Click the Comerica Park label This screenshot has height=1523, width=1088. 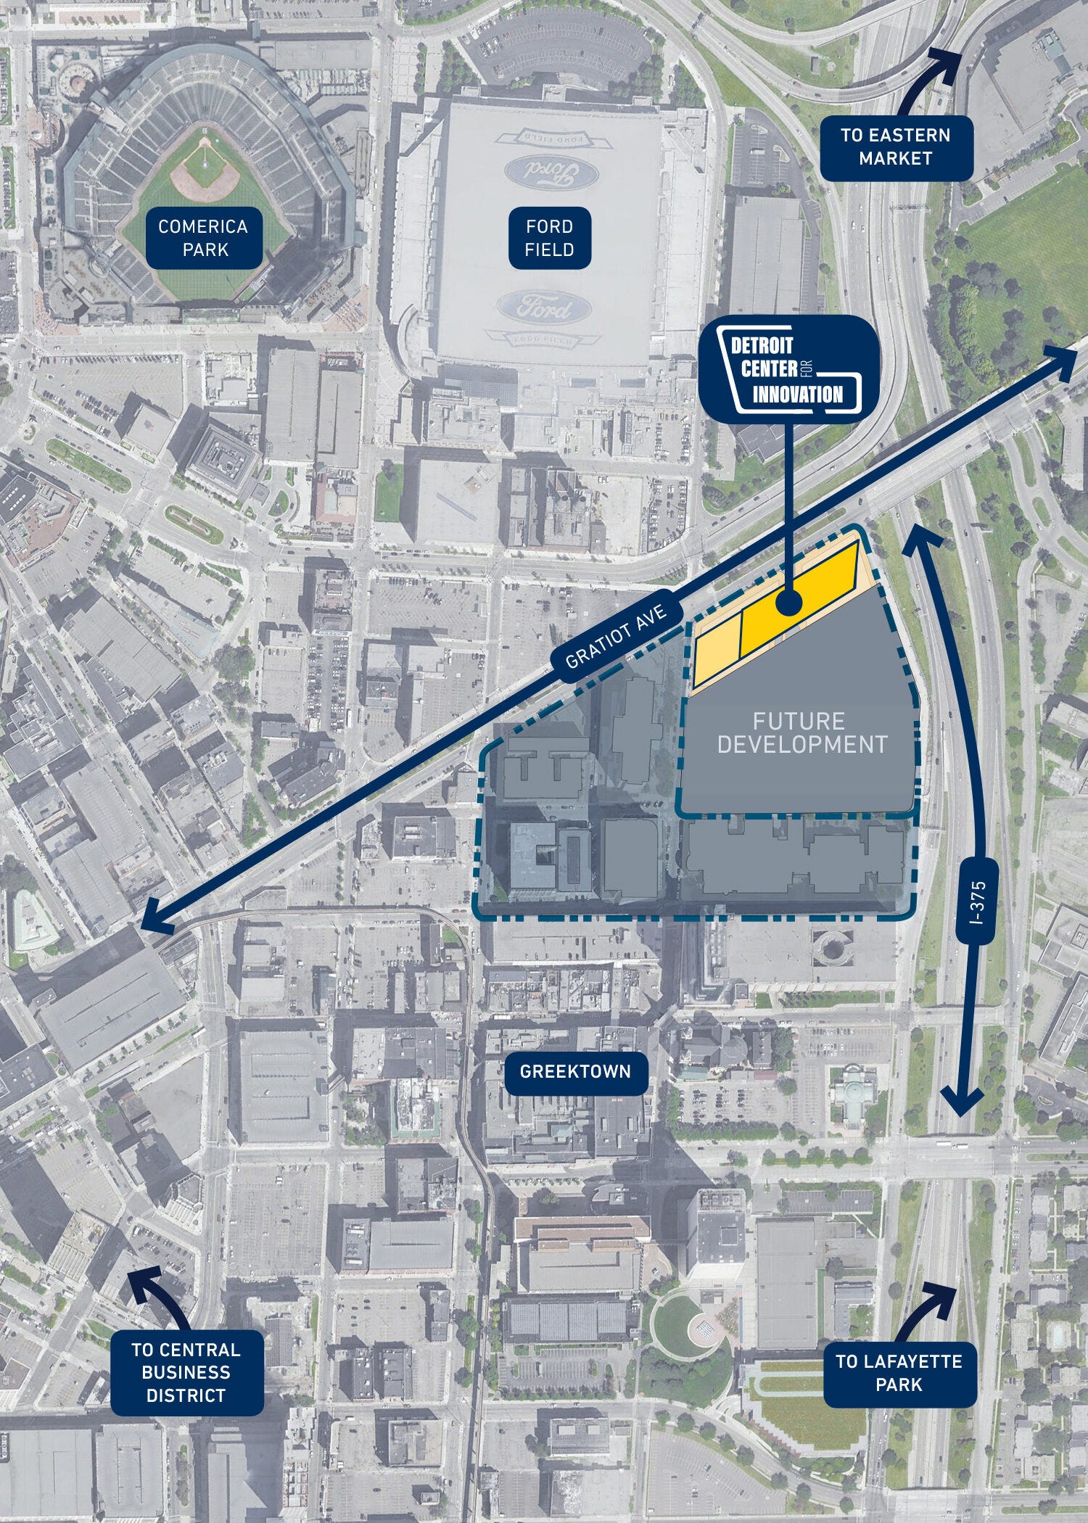[204, 238]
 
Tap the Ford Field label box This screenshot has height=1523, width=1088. [550, 238]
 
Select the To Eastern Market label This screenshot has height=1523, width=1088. [895, 146]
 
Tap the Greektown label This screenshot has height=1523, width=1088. [575, 1070]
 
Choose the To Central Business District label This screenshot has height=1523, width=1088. [186, 1373]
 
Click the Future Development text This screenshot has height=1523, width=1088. [799, 732]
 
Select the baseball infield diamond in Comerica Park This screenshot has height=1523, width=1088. [205, 170]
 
